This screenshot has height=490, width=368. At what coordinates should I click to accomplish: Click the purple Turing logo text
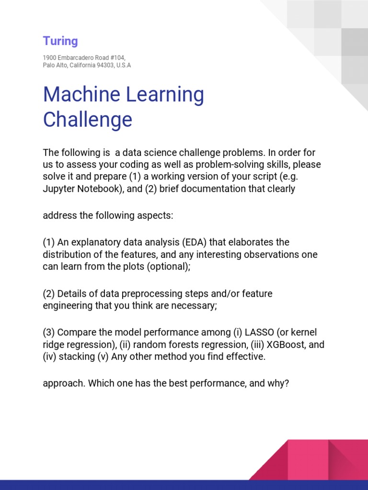pyautogui.click(x=60, y=41)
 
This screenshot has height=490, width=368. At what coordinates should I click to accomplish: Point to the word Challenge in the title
pyautogui.click(x=88, y=120)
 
